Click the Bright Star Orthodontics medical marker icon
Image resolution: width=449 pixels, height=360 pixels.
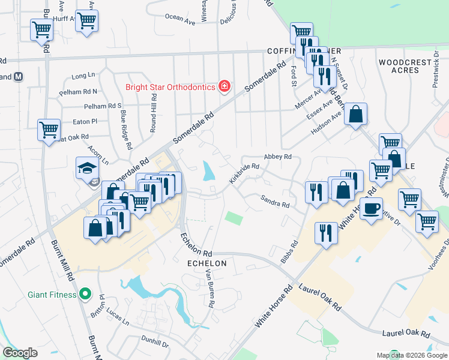(224, 87)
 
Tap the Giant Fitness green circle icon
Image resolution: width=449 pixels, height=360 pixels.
(85, 295)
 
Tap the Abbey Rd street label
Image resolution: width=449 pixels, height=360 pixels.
(277, 157)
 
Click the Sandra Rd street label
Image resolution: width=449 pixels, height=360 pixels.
(275, 201)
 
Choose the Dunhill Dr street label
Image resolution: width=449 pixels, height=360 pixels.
(157, 343)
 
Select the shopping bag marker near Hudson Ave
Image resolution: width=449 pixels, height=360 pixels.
(355, 114)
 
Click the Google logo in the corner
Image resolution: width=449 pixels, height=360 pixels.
(20, 353)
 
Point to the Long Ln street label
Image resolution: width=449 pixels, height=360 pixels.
(83, 76)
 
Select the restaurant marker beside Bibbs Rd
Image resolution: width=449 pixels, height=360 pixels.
(326, 233)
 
